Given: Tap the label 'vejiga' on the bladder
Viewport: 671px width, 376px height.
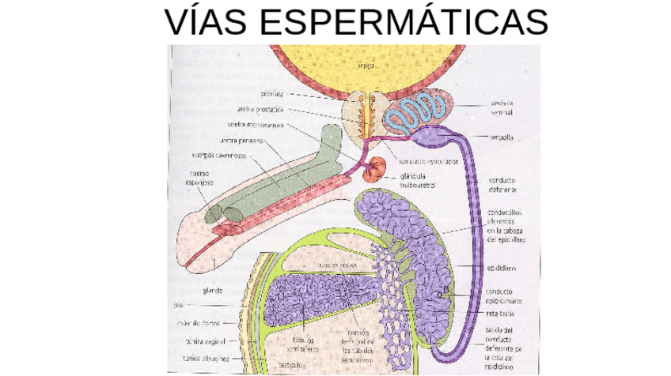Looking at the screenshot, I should coord(366,66).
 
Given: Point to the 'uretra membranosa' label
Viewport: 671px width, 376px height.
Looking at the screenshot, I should coord(255,125).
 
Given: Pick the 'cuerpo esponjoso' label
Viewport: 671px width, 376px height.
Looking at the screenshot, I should coord(198,178).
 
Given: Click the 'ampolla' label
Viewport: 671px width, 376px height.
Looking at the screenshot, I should coord(502,137).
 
